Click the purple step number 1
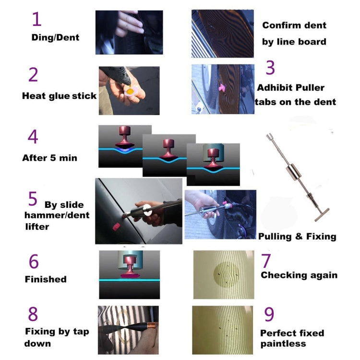pos(36,20)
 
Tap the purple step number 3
pos(270,68)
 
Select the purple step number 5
pos(32,198)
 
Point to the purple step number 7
pos(266,261)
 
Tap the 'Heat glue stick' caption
pos(59,96)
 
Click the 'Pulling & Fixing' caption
pos(297,236)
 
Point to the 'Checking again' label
pos(299,275)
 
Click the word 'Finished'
pos(46,279)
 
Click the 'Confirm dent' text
pos(294,25)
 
